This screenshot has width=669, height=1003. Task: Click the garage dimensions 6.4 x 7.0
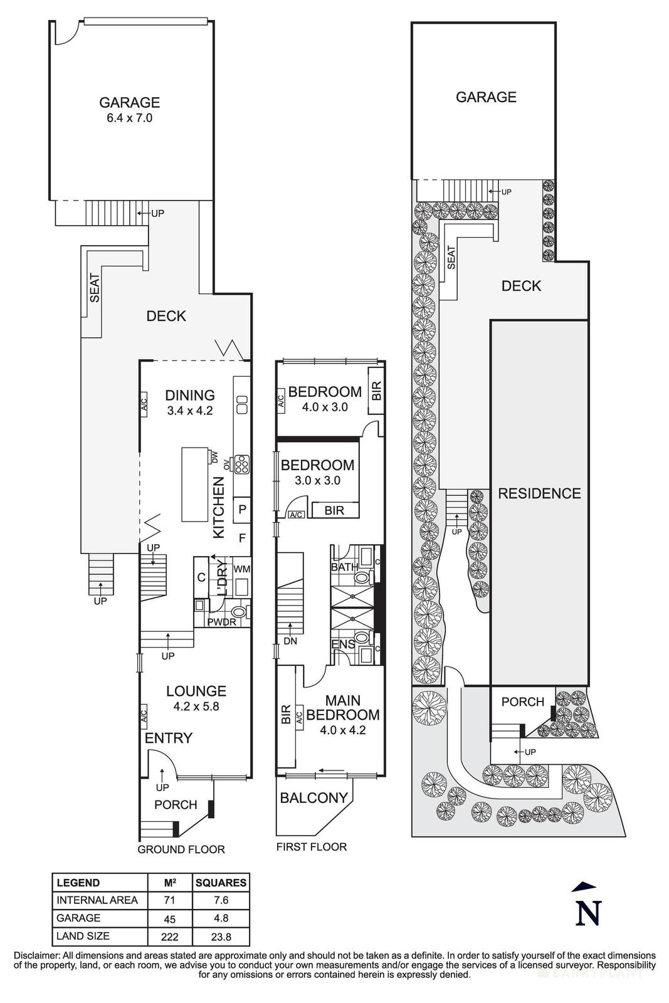[129, 118]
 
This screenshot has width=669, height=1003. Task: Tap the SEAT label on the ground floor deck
[95, 288]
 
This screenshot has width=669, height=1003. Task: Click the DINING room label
[189, 395]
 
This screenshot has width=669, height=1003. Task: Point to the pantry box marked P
[242, 510]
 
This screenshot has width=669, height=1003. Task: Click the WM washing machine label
[241, 569]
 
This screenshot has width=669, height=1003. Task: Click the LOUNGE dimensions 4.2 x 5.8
[196, 706]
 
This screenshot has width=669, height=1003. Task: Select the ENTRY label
[168, 738]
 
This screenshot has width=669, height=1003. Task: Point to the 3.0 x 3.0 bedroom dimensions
[317, 481]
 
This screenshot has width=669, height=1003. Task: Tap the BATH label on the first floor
[344, 567]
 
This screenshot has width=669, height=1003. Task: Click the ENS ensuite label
[343, 644]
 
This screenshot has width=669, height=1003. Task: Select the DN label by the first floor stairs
[290, 642]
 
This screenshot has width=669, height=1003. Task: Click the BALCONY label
[313, 798]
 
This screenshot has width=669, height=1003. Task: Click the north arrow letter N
[588, 913]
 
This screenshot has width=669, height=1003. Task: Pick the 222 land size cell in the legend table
[169, 937]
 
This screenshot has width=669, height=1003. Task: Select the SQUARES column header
[221, 883]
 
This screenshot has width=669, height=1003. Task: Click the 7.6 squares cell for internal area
[221, 900]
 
